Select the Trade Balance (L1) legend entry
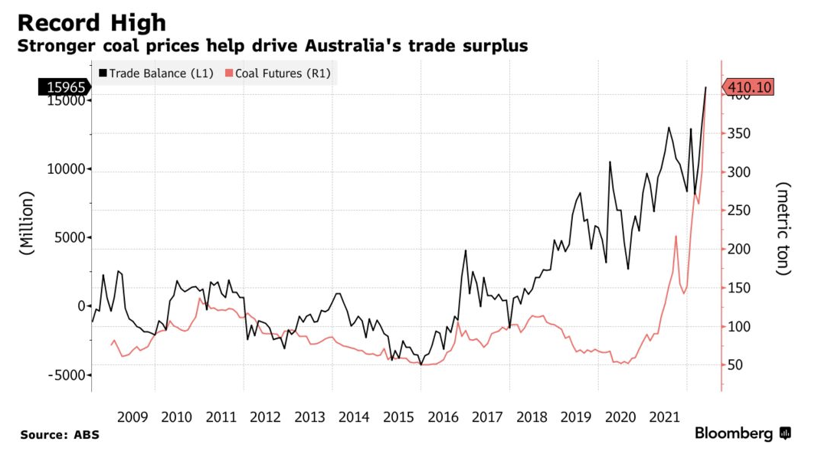coord(153,74)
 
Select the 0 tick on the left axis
coord(80,306)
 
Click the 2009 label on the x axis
coord(133,417)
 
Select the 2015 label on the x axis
coord(398,417)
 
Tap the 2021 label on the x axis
coord(664,417)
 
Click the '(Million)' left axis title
coord(27,223)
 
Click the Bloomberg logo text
coord(734,434)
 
